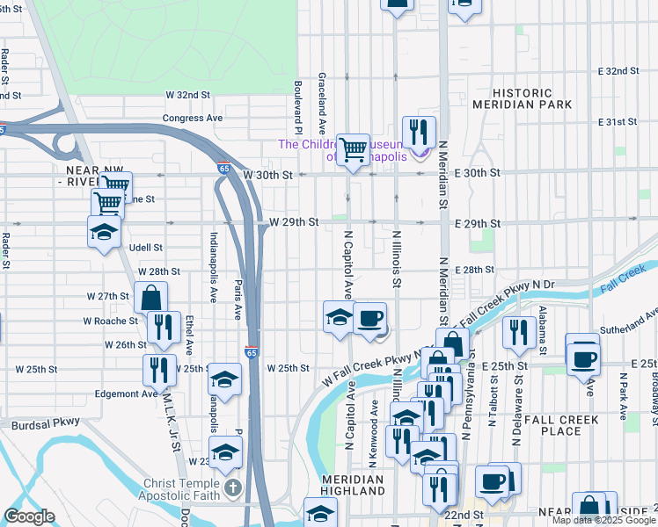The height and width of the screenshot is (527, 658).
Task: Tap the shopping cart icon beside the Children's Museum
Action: tap(353, 150)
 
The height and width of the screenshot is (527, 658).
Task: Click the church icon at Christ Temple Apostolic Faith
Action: tap(232, 487)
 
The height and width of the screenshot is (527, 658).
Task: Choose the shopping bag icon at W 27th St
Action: tap(150, 298)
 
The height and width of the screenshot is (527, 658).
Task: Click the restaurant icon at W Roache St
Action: tap(164, 327)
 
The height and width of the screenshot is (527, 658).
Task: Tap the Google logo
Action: tap(29, 516)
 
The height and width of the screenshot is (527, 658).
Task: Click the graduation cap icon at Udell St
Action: tap(104, 233)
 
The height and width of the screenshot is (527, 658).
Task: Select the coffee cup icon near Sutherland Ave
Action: tap(582, 356)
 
